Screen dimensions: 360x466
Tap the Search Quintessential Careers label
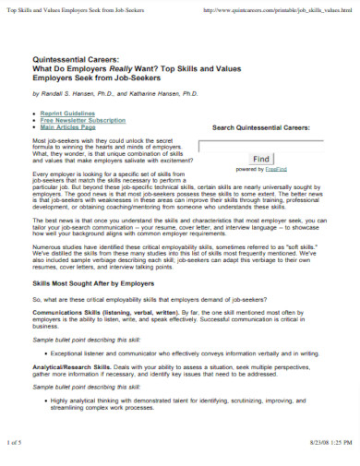[261, 126]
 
